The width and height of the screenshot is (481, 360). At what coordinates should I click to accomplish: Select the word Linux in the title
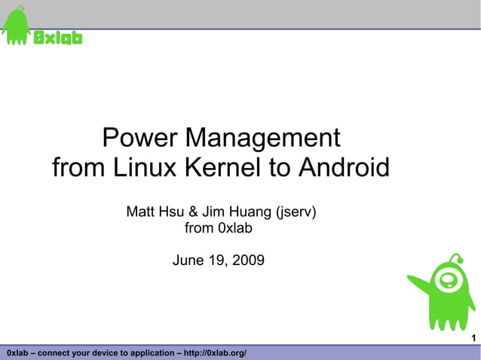[146, 167]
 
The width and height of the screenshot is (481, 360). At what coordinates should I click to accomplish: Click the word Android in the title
[344, 167]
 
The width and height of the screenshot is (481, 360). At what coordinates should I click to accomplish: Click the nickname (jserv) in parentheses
[296, 212]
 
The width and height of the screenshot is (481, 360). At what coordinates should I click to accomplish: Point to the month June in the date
[188, 261]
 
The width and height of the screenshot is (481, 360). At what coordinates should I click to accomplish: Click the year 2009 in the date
[249, 261]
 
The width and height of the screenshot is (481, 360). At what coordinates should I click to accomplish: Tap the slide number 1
[473, 337]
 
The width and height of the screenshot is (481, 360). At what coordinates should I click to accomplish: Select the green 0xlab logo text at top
[57, 37]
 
